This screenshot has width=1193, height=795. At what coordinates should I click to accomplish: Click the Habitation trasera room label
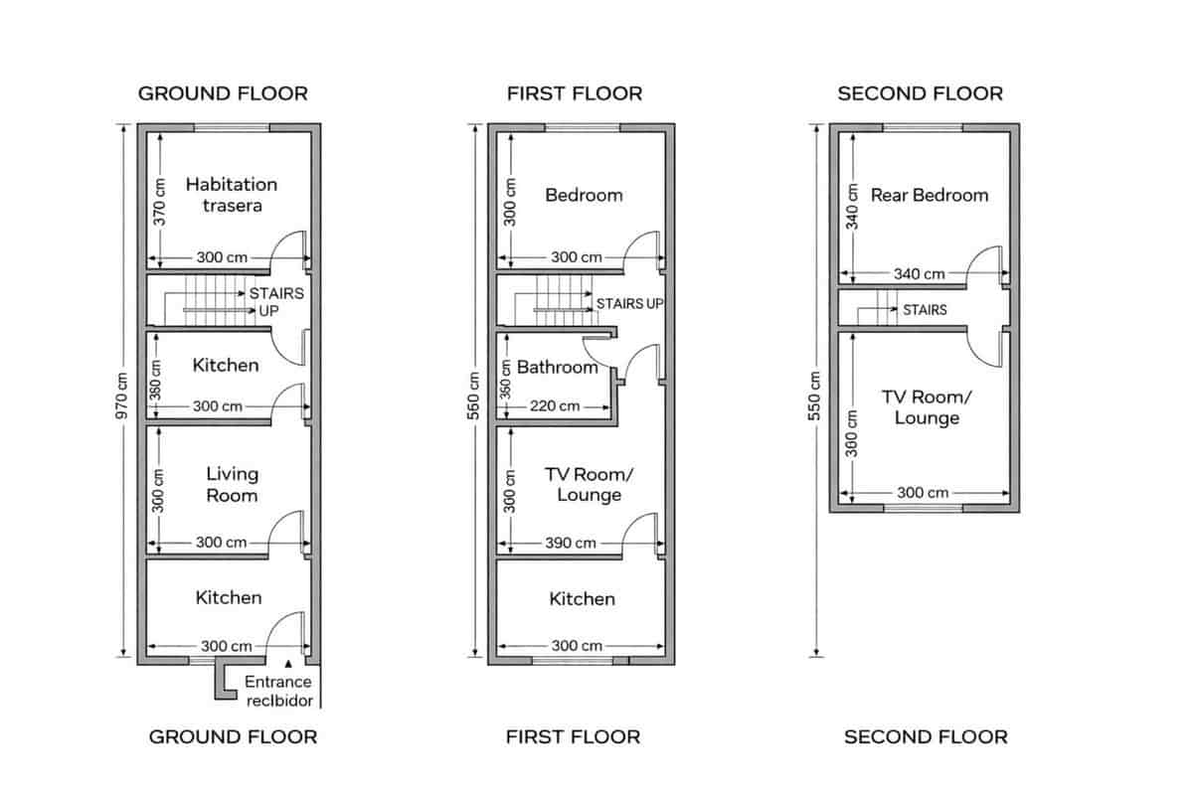(231, 195)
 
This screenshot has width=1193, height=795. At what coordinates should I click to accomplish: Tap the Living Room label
(232, 484)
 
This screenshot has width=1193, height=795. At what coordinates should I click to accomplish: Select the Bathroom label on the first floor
(557, 368)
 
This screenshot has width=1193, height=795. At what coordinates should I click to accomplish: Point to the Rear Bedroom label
(930, 195)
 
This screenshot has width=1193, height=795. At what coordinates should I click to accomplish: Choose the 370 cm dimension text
(158, 203)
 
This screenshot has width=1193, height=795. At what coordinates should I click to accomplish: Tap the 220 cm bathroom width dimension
(555, 405)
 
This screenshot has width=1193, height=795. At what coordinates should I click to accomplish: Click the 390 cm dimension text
(572, 543)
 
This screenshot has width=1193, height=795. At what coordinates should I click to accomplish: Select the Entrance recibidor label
(278, 691)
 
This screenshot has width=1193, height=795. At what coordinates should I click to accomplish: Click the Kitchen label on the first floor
(582, 598)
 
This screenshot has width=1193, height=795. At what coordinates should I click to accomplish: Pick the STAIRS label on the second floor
(925, 310)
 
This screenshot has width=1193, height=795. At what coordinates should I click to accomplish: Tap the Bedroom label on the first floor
(584, 195)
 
